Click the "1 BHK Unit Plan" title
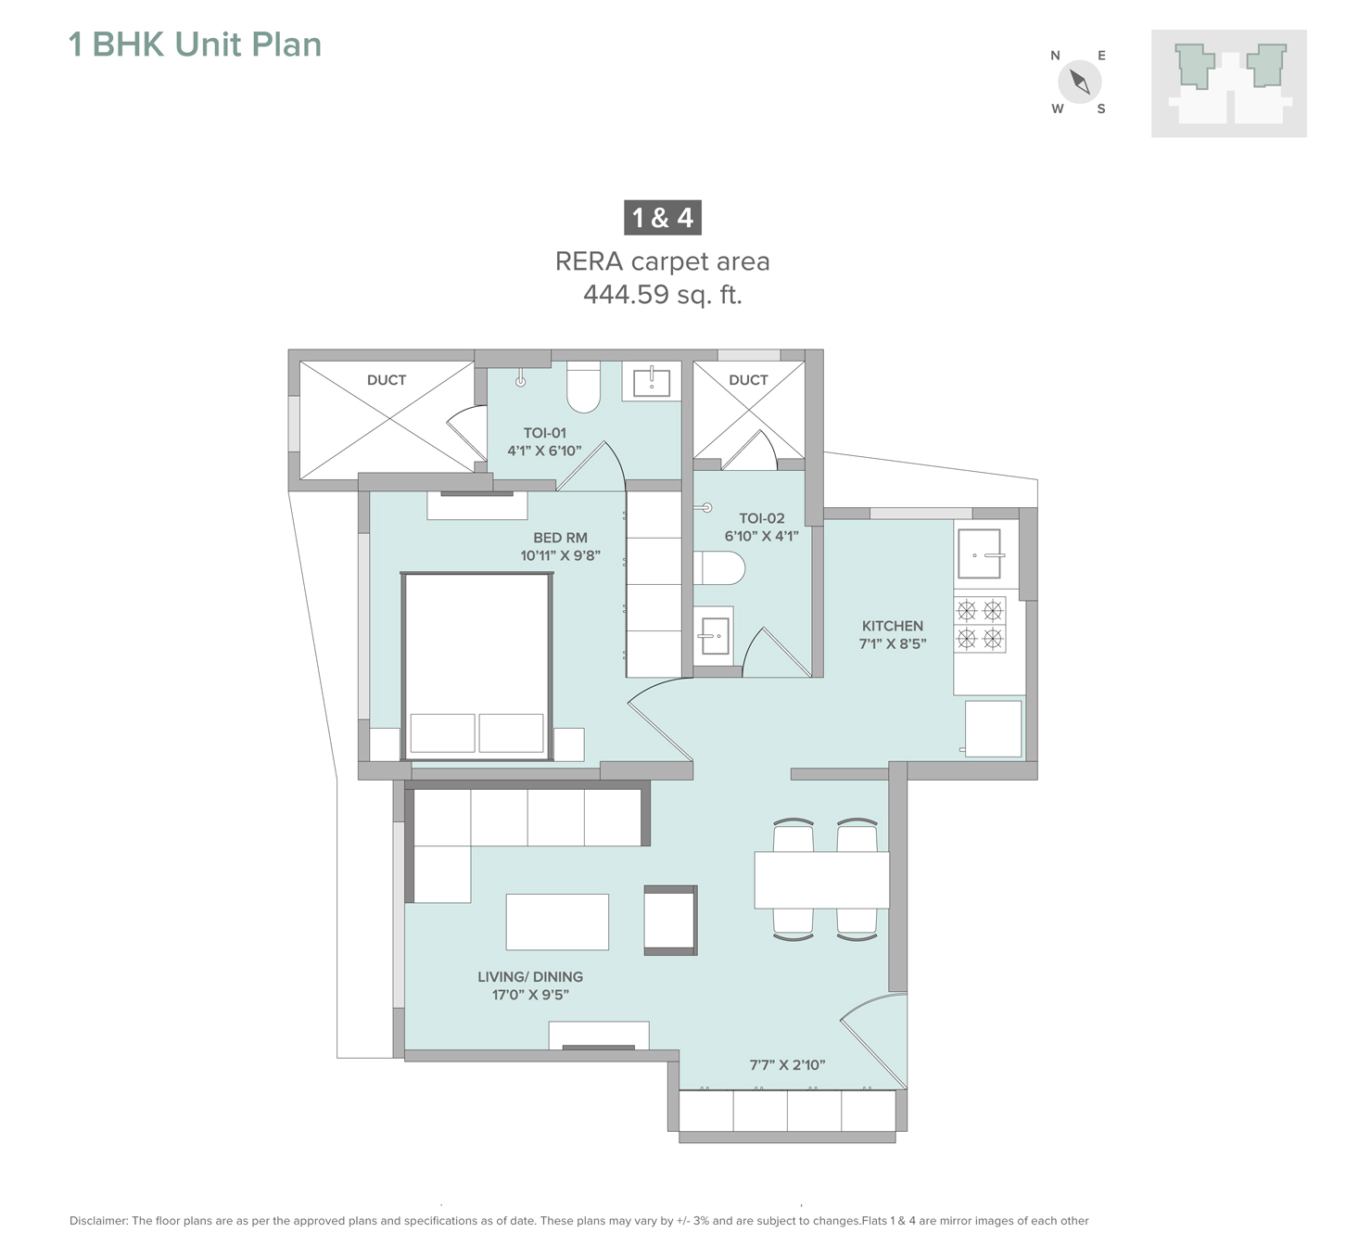click(196, 44)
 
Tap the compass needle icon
click(1079, 82)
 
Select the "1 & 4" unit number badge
click(662, 218)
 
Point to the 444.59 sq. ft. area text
click(662, 295)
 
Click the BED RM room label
click(560, 538)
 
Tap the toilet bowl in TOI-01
click(583, 387)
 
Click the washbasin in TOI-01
click(652, 381)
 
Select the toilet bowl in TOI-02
click(718, 568)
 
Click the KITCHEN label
click(892, 626)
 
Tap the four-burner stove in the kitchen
click(979, 624)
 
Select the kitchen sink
click(979, 553)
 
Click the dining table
click(821, 880)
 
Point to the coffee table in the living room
click(557, 922)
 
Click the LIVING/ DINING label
click(530, 977)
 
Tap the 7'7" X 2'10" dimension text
click(787, 1065)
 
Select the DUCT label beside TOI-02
click(748, 379)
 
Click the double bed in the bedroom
click(476, 666)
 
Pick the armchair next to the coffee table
click(670, 920)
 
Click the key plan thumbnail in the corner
click(1229, 83)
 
